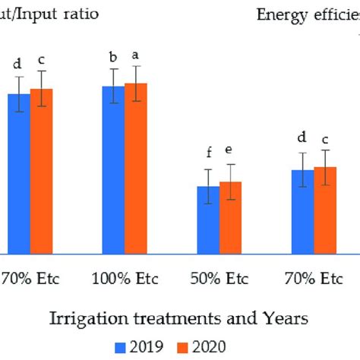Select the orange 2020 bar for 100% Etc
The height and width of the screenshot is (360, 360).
click(x=135, y=168)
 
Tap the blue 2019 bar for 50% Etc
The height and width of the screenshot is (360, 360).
click(x=208, y=219)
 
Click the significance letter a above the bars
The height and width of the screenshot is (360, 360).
click(x=136, y=55)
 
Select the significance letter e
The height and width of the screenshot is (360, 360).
click(x=231, y=150)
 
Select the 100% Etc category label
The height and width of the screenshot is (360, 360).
click(x=125, y=278)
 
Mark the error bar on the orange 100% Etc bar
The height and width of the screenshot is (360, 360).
click(x=136, y=83)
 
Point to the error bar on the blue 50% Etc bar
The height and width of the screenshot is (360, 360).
click(x=208, y=186)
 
